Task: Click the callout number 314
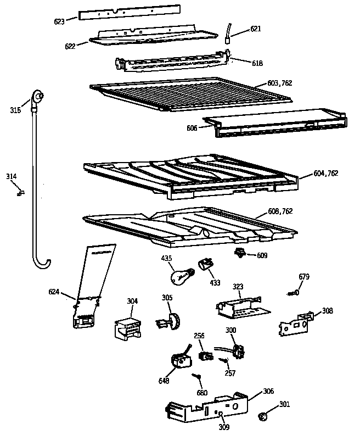point(12,176)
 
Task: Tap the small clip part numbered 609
point(240,253)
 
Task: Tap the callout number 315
point(15,110)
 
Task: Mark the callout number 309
point(224,427)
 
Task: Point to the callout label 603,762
point(280,83)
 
